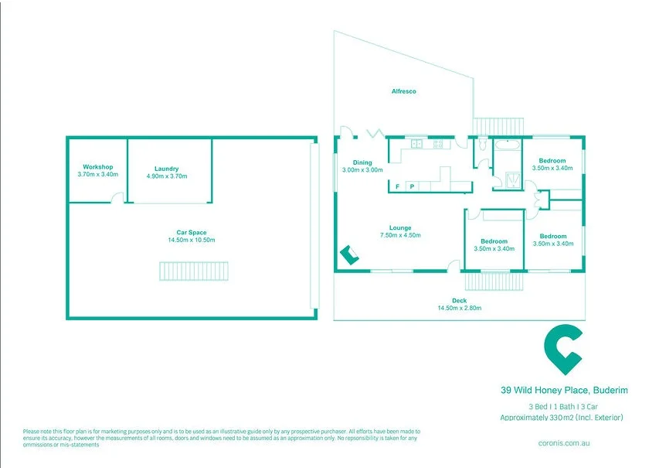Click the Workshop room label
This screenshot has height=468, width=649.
pos(97,167)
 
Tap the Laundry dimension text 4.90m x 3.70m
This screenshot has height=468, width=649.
pos(167,176)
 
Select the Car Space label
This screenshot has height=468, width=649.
pos(192,233)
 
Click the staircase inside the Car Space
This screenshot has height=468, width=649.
pos(194,271)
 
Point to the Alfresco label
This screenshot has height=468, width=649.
pos(403,91)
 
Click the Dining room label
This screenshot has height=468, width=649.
pos(362,162)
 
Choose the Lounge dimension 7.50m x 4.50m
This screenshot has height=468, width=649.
pos(400,235)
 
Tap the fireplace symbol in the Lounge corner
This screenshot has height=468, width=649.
pos(349,254)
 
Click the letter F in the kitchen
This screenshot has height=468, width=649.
pos(397,186)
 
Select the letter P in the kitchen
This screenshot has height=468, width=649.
pos(412,186)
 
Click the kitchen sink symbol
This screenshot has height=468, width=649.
pos(416,144)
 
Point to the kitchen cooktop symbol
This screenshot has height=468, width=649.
pos(438,144)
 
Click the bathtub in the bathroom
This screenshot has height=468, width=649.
pos(508,145)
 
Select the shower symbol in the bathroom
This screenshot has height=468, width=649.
pos(513,180)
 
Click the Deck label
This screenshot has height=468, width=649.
pos(460,301)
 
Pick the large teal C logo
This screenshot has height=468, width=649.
pos(564,350)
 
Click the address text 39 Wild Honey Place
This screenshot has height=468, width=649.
pos(544,390)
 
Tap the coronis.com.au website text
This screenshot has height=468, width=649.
pos(564,442)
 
